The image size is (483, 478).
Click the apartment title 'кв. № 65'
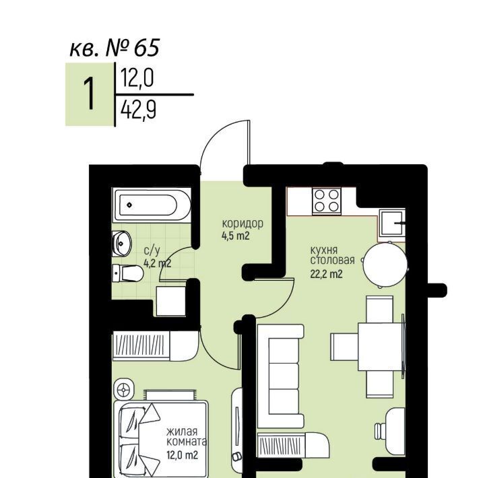click(115, 48)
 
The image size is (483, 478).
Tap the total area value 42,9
click(138, 110)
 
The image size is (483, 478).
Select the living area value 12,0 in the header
click(137, 78)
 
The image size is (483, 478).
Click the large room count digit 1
click(90, 94)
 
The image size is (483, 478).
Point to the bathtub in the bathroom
click(152, 205)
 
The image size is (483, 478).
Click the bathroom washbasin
click(122, 244)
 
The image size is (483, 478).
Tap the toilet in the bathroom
click(127, 273)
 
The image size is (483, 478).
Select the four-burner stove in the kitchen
click(327, 201)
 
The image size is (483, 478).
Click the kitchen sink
click(392, 223)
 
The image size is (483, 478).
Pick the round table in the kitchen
click(385, 265)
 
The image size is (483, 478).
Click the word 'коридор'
click(243, 224)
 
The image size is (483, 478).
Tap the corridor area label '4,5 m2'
click(235, 236)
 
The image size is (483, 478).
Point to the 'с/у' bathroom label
click(152, 251)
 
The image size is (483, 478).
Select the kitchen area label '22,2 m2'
click(326, 273)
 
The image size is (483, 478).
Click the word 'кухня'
click(324, 250)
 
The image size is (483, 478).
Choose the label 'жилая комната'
click(187, 436)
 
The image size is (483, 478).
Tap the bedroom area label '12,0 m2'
click(182, 454)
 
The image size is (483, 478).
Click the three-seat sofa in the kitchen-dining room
click(281, 376)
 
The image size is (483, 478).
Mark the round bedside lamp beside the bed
click(124, 390)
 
